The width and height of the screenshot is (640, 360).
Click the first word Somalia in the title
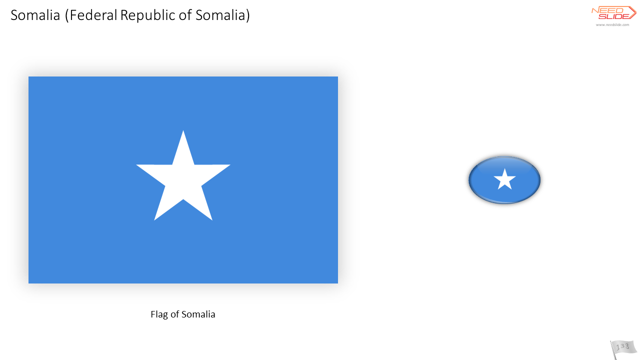click(35, 15)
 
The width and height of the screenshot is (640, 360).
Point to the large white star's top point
click(183, 131)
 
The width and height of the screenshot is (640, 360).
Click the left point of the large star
click(137, 165)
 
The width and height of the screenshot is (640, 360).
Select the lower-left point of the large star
click(155, 219)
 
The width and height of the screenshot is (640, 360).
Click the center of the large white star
click(183, 178)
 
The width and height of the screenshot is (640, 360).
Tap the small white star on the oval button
click(504, 179)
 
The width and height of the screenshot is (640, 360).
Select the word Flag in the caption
click(159, 314)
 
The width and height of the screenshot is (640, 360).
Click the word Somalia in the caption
click(198, 314)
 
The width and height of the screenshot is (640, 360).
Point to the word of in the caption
click(174, 314)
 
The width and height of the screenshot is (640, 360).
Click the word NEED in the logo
click(607, 10)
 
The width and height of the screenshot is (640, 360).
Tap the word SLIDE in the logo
click(613, 16)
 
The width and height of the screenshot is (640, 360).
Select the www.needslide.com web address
click(612, 25)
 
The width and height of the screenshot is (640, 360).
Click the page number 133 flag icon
click(623, 349)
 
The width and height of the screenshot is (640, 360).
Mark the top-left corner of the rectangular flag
click(28, 76)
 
